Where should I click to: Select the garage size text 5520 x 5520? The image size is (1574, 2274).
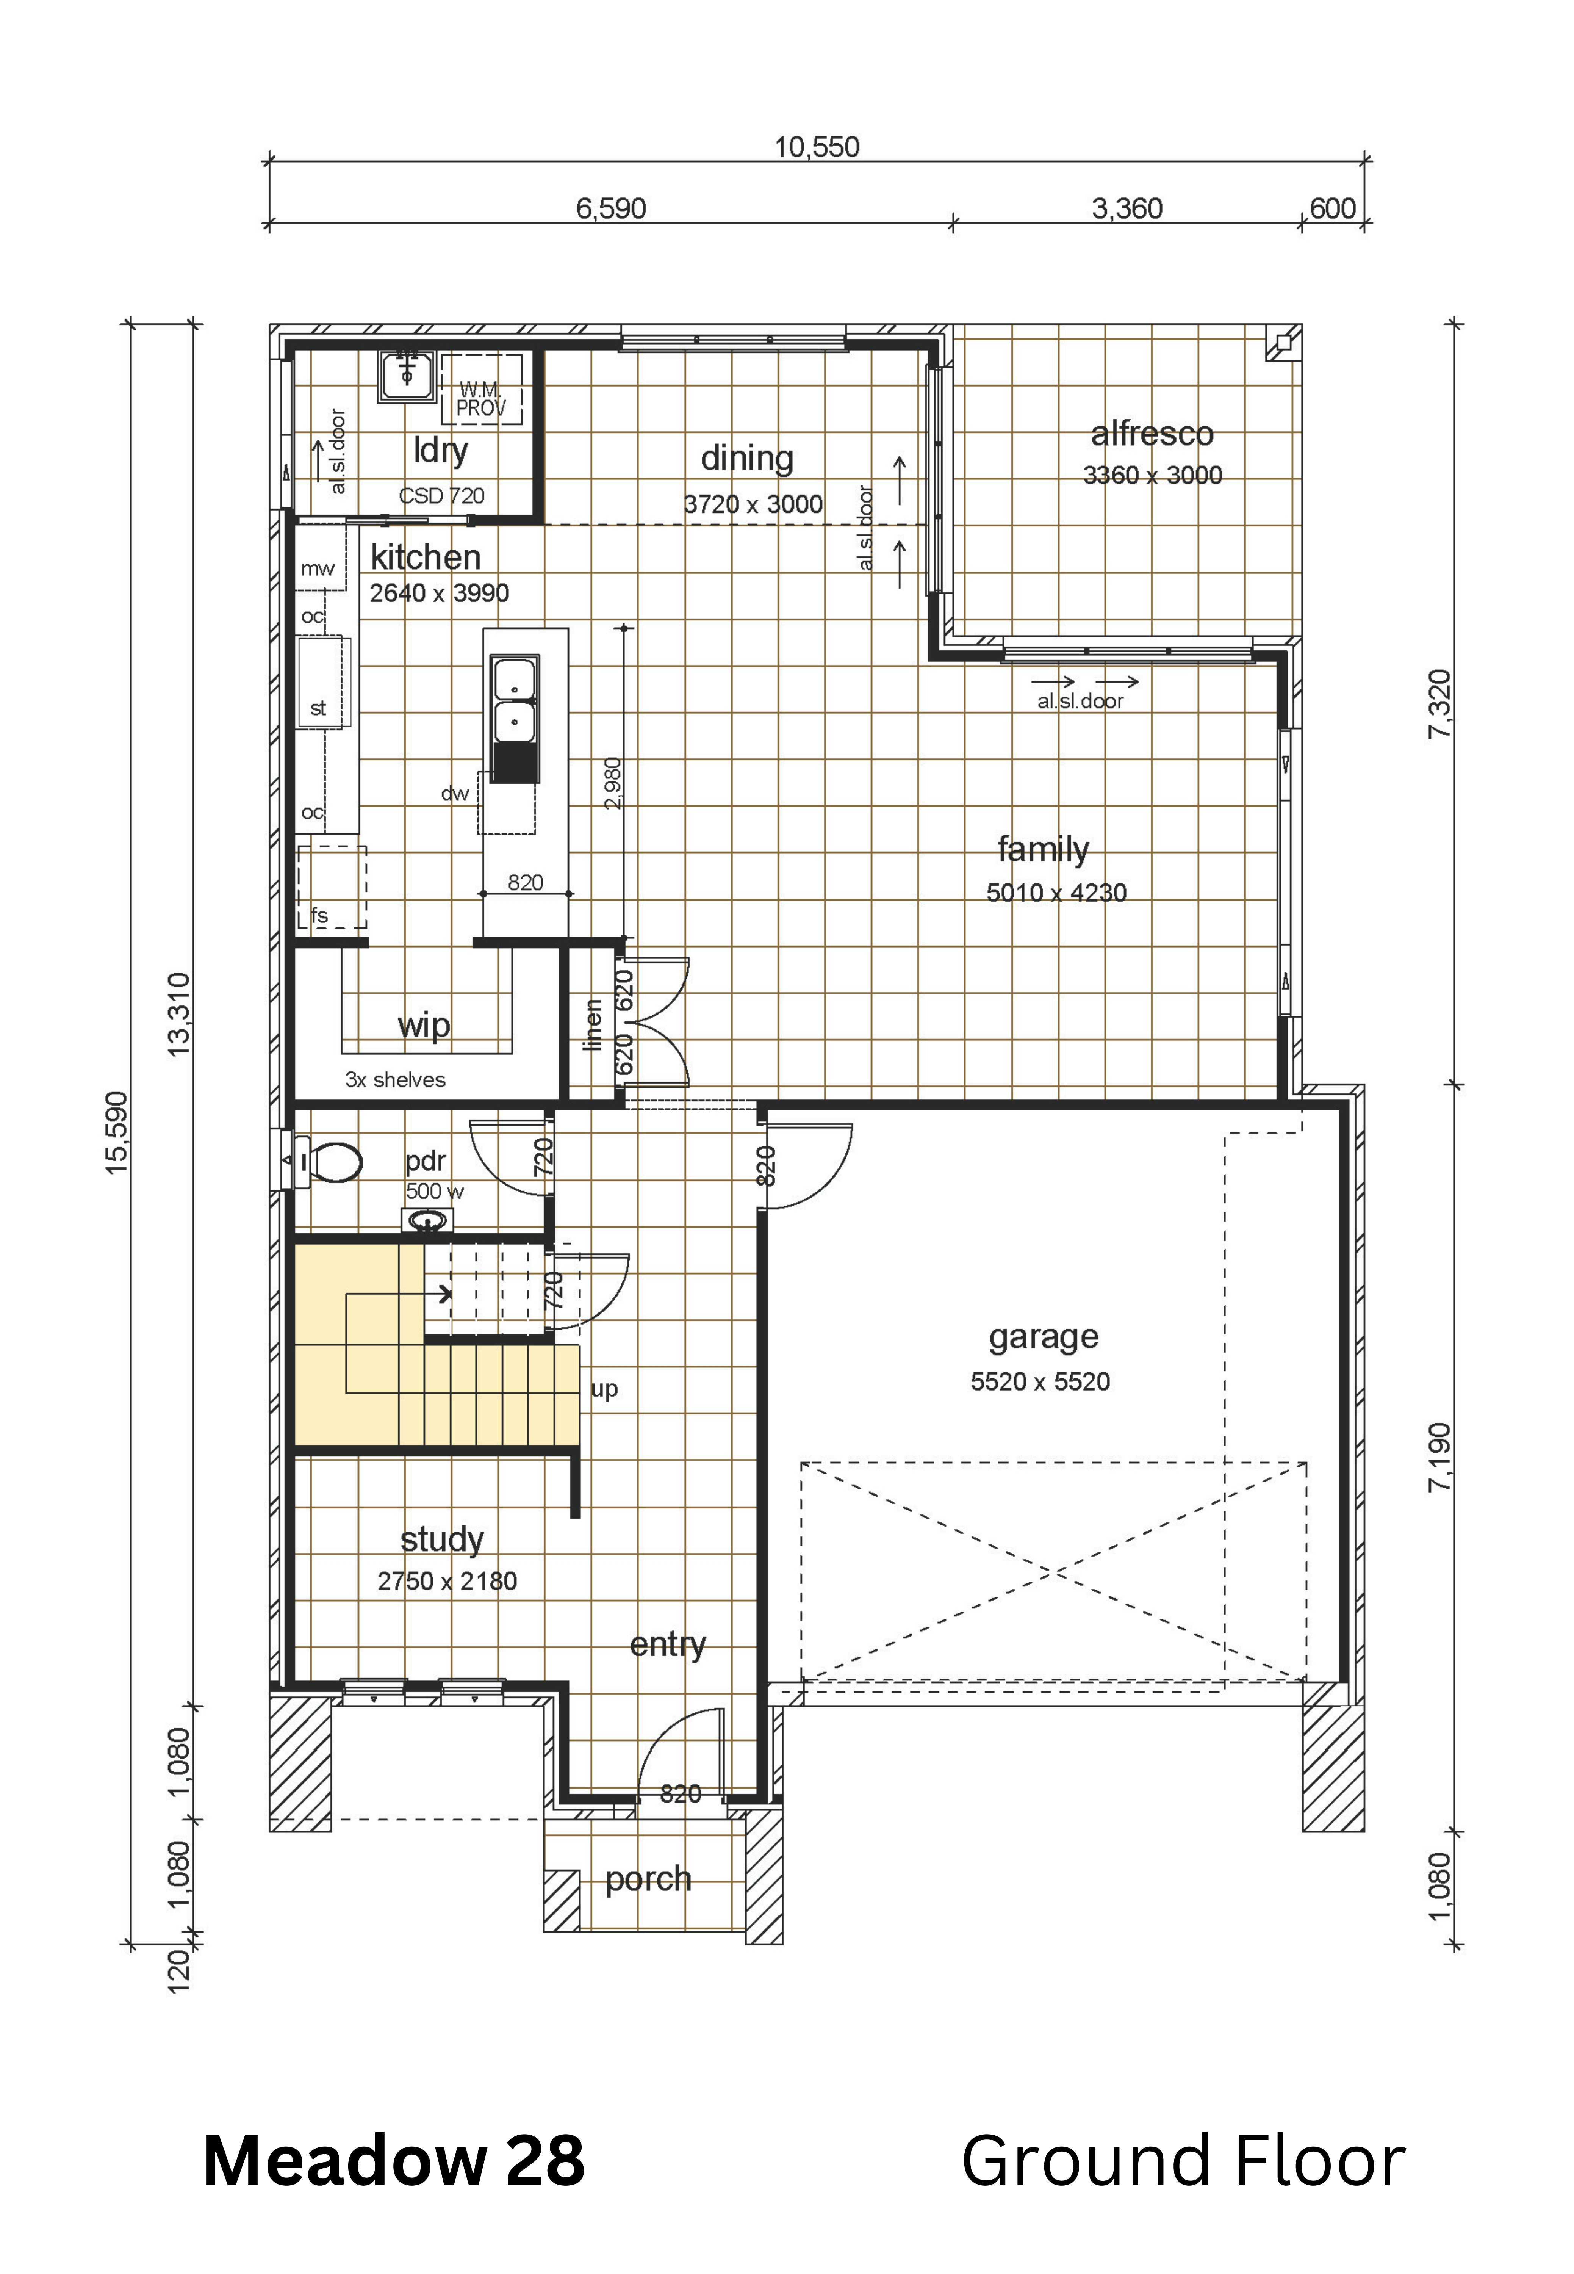tap(1040, 1381)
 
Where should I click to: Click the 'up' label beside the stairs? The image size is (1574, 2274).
tap(604, 1390)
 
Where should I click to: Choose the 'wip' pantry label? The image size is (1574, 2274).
tap(424, 1026)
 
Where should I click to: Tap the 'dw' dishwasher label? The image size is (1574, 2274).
tap(455, 793)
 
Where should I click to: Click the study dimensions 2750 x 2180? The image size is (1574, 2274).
tap(447, 1582)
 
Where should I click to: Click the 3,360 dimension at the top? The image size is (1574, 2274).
tap(1127, 209)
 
